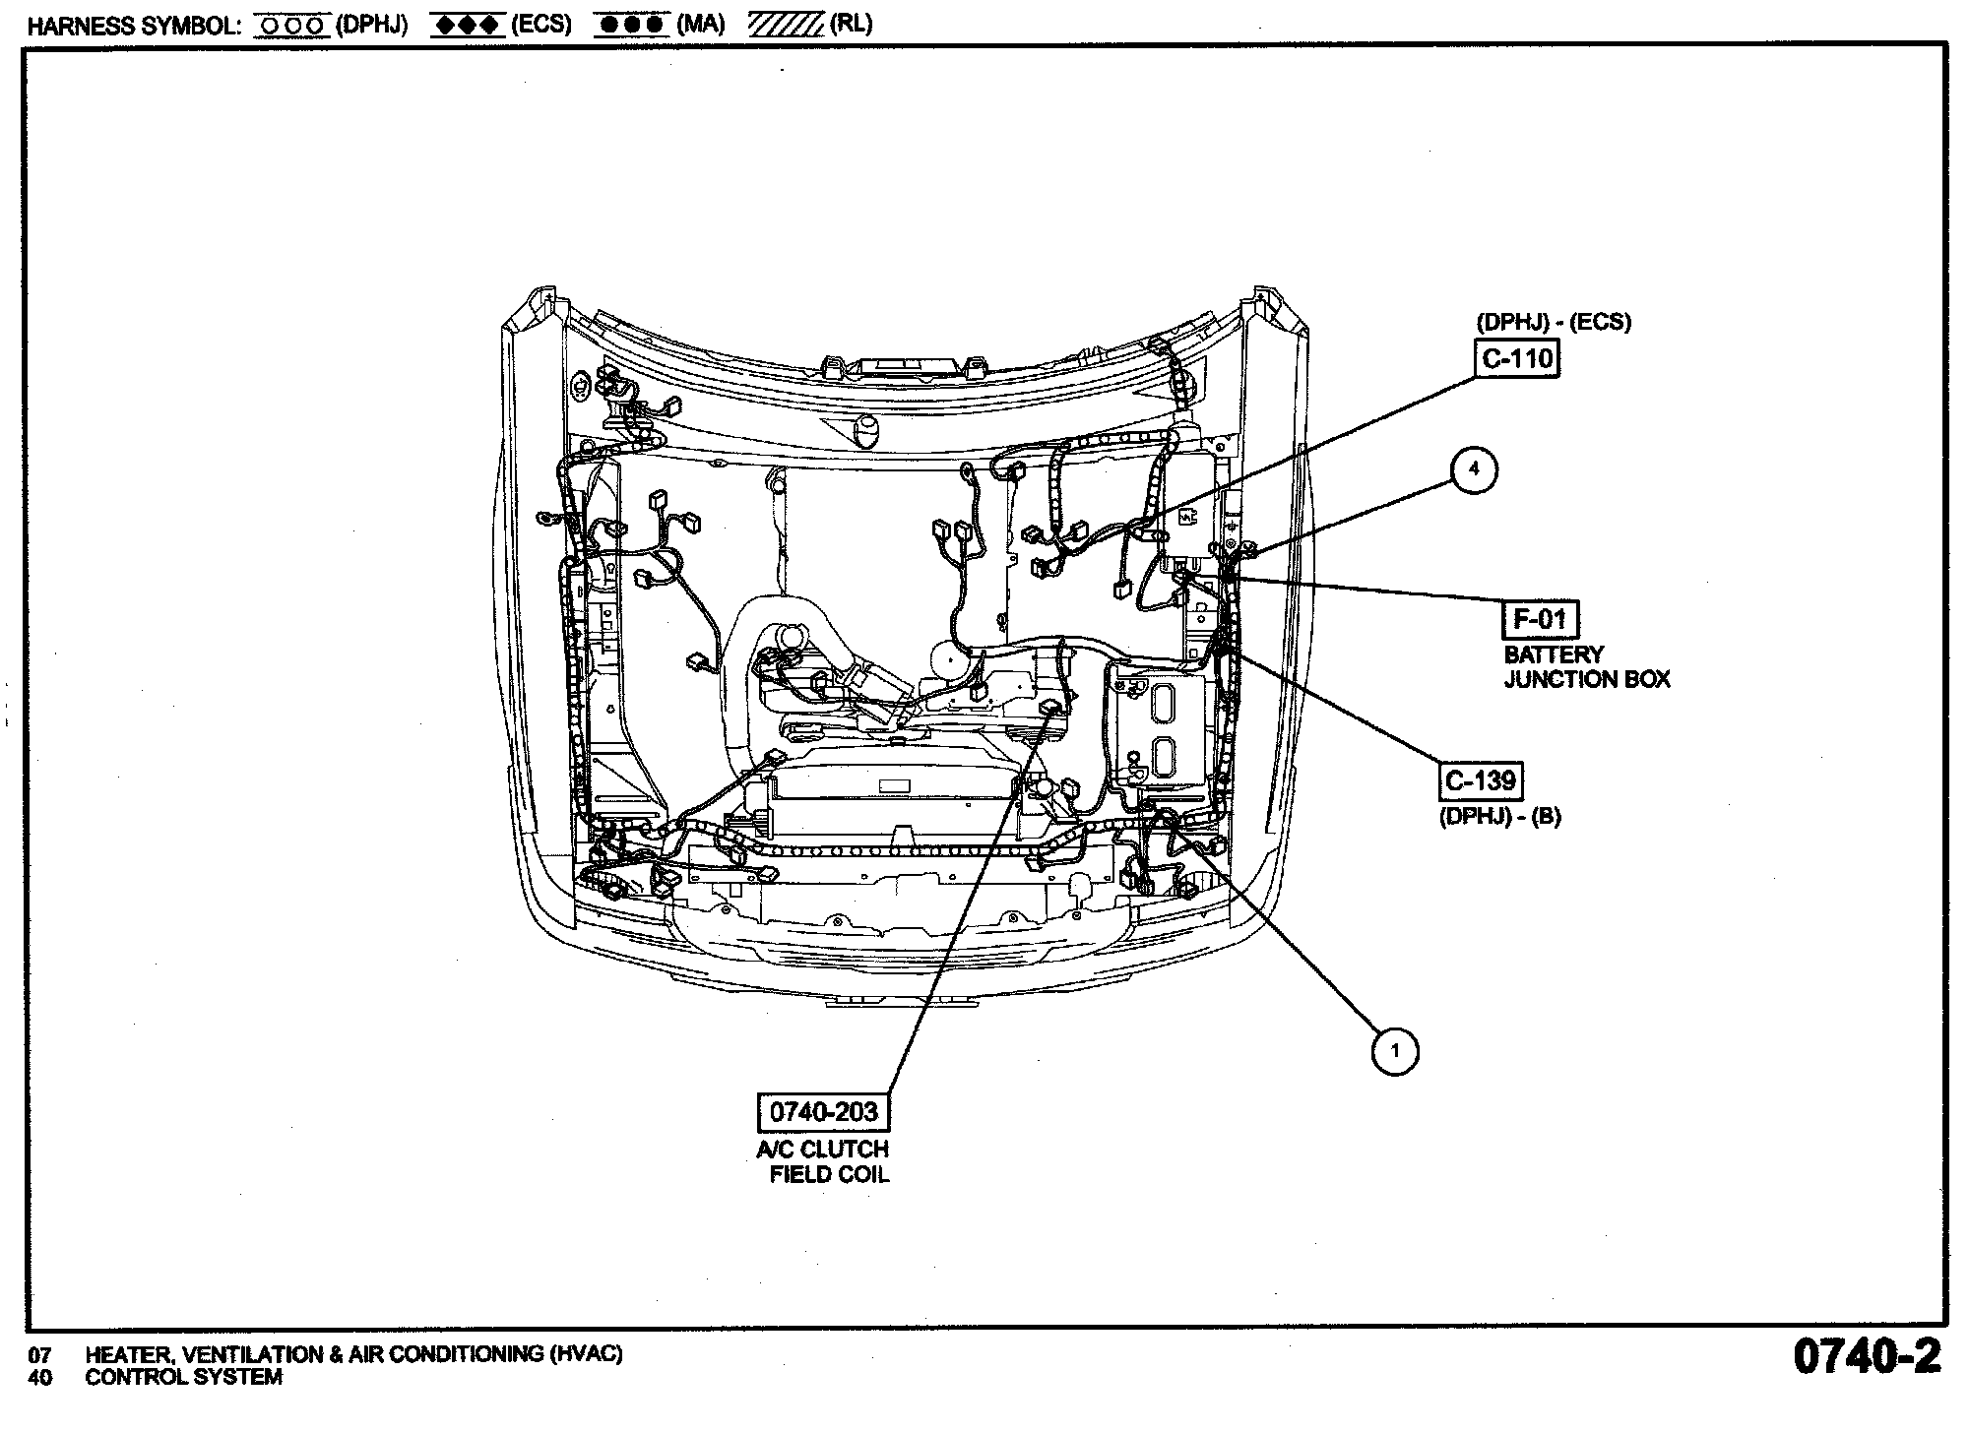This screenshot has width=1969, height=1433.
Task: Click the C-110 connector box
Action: click(x=1517, y=359)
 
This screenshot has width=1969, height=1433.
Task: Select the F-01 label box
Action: click(x=1540, y=619)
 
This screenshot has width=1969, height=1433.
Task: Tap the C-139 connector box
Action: click(x=1481, y=781)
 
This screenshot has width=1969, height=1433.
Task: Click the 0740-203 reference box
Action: click(x=823, y=1112)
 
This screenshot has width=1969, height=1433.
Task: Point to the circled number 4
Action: click(x=1474, y=469)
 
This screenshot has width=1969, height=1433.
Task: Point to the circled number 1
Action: click(x=1394, y=1051)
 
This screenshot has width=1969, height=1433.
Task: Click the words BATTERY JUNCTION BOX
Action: click(x=1587, y=667)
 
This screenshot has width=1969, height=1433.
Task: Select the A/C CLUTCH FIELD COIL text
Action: click(x=823, y=1161)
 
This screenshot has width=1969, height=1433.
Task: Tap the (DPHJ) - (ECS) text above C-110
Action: click(x=1554, y=322)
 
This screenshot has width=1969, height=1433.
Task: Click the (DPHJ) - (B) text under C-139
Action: click(x=1500, y=816)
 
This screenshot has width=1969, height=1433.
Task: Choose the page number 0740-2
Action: click(x=1867, y=1356)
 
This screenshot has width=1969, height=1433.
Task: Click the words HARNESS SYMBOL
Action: click(x=134, y=26)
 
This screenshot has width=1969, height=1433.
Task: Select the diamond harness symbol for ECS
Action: click(x=467, y=26)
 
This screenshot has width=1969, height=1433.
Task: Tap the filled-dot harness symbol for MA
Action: click(x=631, y=26)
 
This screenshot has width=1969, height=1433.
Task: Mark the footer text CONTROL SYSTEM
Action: click(x=184, y=1378)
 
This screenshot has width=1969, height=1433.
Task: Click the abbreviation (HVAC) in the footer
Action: click(x=586, y=1354)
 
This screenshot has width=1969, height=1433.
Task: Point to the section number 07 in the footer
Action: click(x=39, y=1355)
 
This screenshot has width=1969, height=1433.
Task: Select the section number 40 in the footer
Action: click(x=39, y=1378)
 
